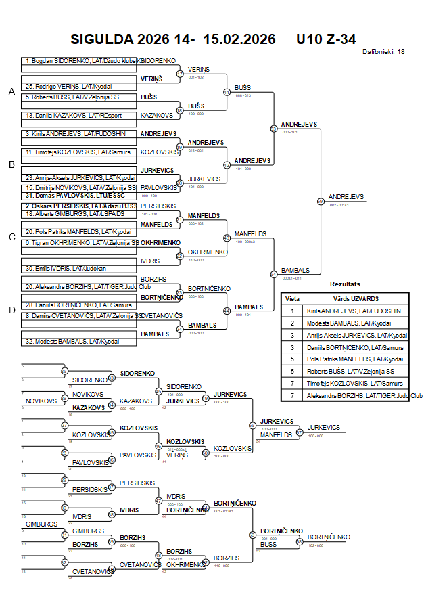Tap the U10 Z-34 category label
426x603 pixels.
(326, 39)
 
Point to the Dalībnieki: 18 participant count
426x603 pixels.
(383, 51)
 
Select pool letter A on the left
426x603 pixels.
(11, 92)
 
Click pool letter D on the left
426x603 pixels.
(11, 311)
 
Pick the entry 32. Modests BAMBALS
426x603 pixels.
(72, 341)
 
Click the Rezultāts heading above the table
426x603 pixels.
(345, 284)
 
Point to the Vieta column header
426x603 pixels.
(293, 298)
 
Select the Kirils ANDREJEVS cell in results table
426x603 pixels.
(353, 311)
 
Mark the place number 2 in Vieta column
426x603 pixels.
(293, 323)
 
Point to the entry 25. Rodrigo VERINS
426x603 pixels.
(67, 87)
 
